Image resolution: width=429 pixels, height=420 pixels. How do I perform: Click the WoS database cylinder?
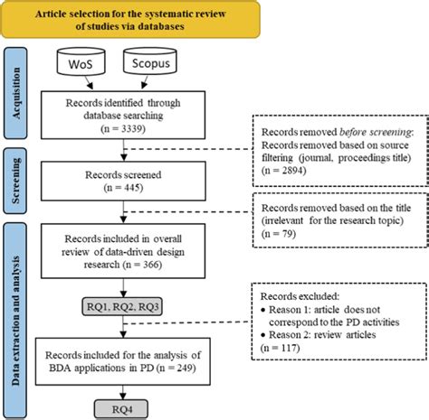(x=82, y=65)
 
